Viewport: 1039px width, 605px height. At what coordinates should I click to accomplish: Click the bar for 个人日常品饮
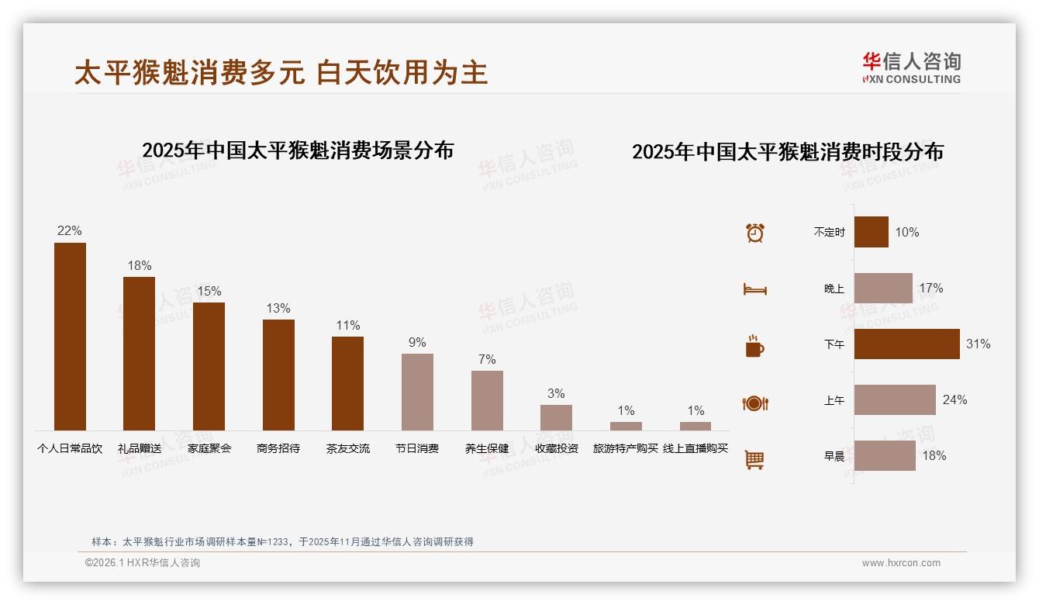point(70,337)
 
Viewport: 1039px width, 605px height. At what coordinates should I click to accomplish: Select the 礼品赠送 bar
point(139,354)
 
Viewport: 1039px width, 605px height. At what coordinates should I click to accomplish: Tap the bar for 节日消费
point(417,392)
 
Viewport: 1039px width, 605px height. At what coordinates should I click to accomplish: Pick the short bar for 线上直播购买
point(696,426)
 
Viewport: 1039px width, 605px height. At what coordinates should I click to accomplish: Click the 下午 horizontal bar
point(906,344)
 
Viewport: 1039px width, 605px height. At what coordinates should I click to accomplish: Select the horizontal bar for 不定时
point(871,232)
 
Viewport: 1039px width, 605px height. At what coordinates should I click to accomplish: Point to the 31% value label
point(978,344)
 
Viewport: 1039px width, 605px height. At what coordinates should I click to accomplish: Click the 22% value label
point(70,231)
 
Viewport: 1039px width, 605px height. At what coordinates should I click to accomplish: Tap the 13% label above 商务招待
point(278,309)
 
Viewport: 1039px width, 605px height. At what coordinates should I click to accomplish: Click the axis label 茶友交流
point(348,448)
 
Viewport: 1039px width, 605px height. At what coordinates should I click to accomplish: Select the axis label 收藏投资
point(557,448)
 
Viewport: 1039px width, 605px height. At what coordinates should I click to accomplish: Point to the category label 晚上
point(834,289)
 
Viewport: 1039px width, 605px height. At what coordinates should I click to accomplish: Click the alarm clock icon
point(755,233)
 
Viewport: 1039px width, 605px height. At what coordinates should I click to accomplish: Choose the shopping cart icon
point(754,459)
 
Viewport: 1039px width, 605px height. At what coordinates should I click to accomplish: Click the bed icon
point(754,289)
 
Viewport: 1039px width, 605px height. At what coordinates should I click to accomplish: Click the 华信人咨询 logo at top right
point(912,67)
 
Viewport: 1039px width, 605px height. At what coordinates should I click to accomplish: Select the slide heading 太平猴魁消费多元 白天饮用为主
point(281,73)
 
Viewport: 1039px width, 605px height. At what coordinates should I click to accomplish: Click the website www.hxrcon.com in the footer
point(901,563)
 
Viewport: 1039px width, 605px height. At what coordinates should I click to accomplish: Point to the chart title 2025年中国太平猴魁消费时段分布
point(788,152)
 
